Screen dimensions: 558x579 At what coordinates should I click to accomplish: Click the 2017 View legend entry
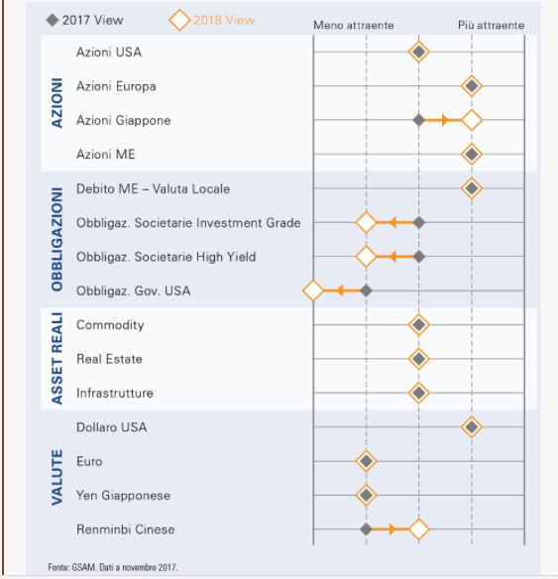[84, 20]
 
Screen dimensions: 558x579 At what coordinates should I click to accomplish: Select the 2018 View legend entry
[211, 20]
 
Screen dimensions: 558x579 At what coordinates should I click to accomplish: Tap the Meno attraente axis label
[354, 25]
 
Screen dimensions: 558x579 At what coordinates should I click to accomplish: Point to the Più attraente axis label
[491, 25]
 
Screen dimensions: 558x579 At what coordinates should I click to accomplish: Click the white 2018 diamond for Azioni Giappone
[472, 120]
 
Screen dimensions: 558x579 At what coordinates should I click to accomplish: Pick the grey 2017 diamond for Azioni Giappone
[419, 120]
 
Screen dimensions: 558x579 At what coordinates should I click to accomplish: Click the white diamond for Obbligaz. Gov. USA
[313, 290]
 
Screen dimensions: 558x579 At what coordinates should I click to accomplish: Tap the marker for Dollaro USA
[472, 427]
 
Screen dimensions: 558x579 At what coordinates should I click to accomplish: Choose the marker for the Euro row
[366, 461]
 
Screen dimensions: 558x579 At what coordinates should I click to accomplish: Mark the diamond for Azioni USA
[419, 53]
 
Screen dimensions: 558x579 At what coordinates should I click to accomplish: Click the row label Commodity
[110, 325]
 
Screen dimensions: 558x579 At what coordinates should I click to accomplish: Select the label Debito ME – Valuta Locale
[154, 188]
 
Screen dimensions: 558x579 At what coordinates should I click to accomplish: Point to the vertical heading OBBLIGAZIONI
[57, 239]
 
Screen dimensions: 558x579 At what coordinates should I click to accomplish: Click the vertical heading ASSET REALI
[57, 358]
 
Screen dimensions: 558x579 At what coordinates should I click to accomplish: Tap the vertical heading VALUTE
[57, 477]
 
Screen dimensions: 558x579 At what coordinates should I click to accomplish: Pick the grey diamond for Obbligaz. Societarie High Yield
[419, 257]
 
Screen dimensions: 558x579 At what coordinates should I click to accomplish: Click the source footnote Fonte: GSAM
[113, 567]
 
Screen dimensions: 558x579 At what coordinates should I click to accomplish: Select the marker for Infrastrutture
[419, 393]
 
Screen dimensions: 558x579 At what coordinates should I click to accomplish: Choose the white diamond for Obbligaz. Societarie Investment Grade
[366, 223]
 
